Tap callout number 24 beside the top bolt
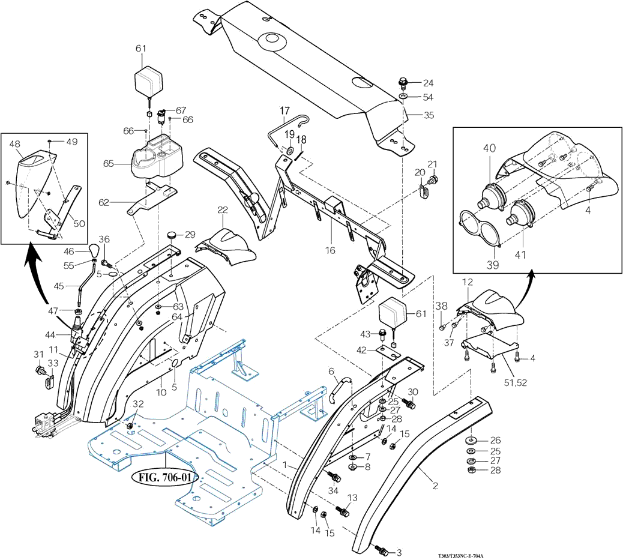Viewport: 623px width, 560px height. click(x=428, y=83)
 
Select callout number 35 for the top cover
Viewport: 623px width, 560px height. click(x=428, y=114)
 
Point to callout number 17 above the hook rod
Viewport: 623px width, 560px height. click(x=284, y=110)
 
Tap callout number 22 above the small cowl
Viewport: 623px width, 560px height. click(x=223, y=210)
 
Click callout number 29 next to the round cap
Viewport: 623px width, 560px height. click(x=190, y=233)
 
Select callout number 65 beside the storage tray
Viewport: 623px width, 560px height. click(x=108, y=163)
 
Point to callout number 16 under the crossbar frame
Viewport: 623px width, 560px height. click(x=331, y=250)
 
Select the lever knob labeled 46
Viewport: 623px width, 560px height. click(x=95, y=249)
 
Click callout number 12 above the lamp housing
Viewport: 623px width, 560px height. click(x=467, y=282)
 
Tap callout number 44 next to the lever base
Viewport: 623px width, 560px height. click(x=50, y=334)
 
